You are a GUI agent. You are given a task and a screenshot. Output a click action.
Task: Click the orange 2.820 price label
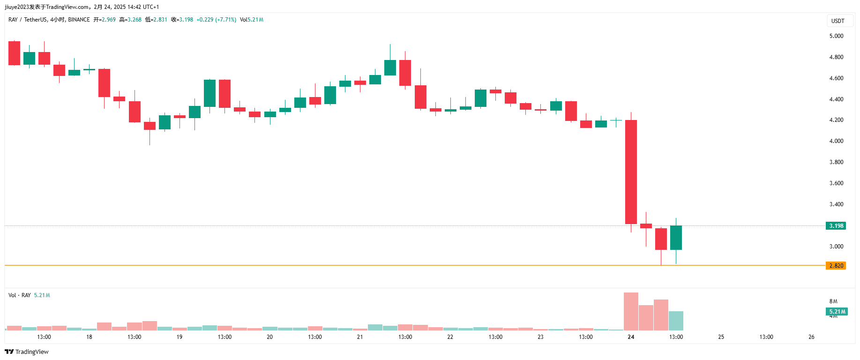pyautogui.click(x=836, y=265)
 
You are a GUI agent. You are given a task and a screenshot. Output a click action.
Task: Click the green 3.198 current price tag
pyautogui.click(x=836, y=225)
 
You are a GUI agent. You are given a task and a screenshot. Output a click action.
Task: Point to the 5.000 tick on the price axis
pyautogui.click(x=836, y=36)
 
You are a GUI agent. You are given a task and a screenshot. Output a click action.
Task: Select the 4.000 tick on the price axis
pyautogui.click(x=836, y=141)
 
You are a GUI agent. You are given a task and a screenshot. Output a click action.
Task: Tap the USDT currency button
pyautogui.click(x=838, y=21)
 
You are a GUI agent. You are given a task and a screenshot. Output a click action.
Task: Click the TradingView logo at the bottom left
pyautogui.click(x=27, y=352)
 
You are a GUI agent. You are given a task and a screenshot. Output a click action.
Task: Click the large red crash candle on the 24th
pyautogui.click(x=631, y=172)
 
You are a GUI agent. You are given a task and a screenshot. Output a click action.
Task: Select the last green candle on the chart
pyautogui.click(x=676, y=237)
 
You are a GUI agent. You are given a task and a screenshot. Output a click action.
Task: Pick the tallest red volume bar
pyautogui.click(x=631, y=311)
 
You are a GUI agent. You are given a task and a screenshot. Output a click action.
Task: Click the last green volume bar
pyautogui.click(x=676, y=321)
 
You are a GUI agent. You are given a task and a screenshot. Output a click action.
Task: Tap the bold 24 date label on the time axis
pyautogui.click(x=631, y=337)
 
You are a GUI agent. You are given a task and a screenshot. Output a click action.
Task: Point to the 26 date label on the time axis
pyautogui.click(x=811, y=337)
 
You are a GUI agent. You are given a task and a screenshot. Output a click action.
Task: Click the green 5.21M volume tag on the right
pyautogui.click(x=837, y=312)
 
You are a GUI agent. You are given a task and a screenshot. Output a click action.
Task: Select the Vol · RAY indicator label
pyautogui.click(x=20, y=295)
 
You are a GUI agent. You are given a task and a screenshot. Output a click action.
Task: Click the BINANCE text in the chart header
pyautogui.click(x=79, y=20)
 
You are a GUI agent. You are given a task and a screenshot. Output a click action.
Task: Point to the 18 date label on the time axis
pyautogui.click(x=89, y=337)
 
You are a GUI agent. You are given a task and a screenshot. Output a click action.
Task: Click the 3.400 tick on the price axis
pyautogui.click(x=836, y=204)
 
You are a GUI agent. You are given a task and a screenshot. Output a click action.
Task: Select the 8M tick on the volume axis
pyautogui.click(x=833, y=301)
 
